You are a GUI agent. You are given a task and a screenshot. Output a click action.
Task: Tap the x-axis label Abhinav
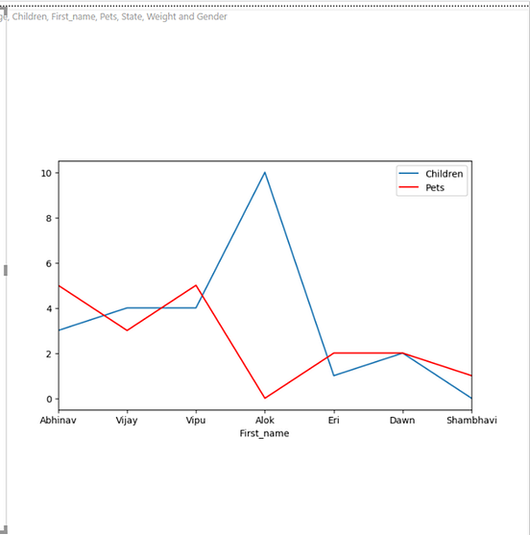click(58, 420)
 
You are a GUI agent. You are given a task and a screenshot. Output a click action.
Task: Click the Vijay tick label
click(127, 420)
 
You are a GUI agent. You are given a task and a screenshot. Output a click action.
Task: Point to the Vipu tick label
click(196, 420)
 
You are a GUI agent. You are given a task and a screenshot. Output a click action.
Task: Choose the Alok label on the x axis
click(265, 420)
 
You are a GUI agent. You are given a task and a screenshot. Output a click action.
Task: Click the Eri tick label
click(333, 420)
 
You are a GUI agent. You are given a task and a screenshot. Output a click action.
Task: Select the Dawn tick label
click(402, 420)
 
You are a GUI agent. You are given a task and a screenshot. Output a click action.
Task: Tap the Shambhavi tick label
click(470, 420)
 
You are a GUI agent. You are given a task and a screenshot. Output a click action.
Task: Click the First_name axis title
click(265, 433)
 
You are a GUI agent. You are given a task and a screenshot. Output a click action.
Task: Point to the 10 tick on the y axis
click(45, 173)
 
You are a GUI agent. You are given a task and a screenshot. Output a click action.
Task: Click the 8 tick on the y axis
click(48, 218)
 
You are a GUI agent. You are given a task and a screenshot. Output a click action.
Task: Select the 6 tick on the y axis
click(48, 263)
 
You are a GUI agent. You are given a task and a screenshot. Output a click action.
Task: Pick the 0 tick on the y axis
click(48, 399)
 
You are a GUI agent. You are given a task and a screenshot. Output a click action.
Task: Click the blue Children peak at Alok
click(265, 173)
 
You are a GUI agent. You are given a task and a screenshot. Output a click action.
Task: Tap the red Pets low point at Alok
click(265, 398)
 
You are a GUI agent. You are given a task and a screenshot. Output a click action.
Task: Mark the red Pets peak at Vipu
click(196, 285)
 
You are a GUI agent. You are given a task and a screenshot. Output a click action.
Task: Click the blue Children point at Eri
click(333, 376)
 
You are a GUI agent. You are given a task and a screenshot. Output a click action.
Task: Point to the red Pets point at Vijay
click(127, 330)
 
